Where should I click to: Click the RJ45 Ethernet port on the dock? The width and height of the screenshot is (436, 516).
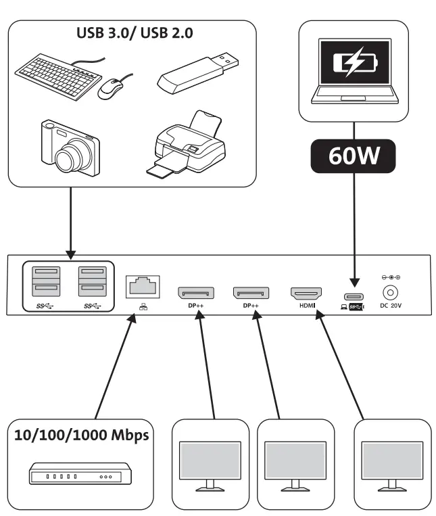143,286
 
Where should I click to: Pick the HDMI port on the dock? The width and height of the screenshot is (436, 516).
307,294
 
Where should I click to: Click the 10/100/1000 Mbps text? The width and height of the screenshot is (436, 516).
82,434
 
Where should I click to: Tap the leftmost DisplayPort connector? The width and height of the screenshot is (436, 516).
196,293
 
